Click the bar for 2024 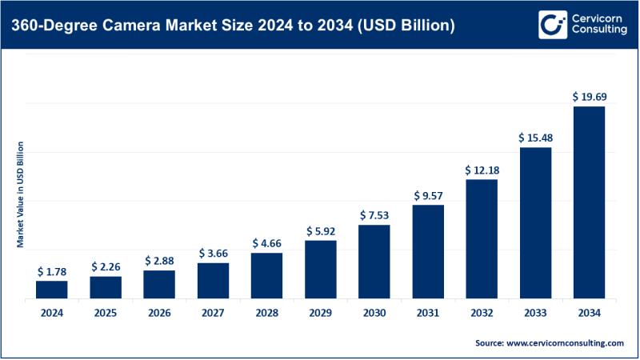[52, 289]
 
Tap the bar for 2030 [374, 262]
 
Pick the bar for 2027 [213, 280]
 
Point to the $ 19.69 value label [589, 96]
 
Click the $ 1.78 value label [52, 271]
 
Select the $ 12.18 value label [482, 170]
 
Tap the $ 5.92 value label [320, 231]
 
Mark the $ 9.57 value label [428, 195]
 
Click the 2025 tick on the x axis [106, 312]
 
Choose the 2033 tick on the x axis [535, 312]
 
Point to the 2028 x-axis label [266, 312]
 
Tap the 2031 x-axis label [428, 312]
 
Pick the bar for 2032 [482, 238]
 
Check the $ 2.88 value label [159, 261]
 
